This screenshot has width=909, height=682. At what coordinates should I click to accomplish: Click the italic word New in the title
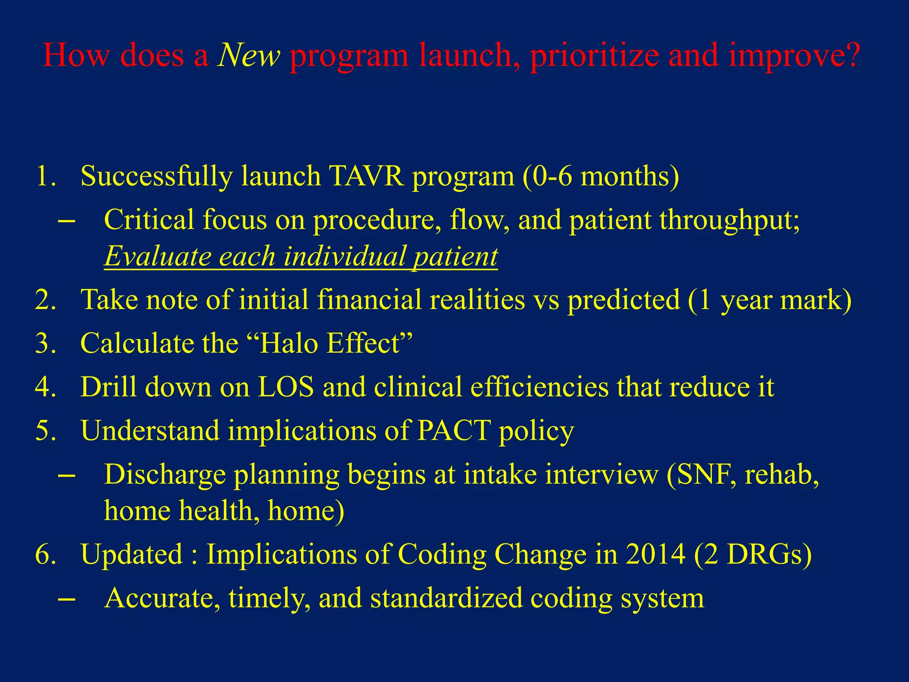[249, 56]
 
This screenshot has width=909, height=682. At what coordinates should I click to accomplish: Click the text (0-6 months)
[600, 176]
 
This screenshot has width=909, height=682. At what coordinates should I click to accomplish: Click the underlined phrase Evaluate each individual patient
[301, 257]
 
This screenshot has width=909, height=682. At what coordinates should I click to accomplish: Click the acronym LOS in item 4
[286, 387]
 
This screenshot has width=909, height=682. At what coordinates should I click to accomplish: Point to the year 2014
[655, 555]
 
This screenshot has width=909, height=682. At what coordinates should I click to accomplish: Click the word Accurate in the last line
[162, 598]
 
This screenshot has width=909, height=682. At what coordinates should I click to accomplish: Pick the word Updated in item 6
[132, 555]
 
